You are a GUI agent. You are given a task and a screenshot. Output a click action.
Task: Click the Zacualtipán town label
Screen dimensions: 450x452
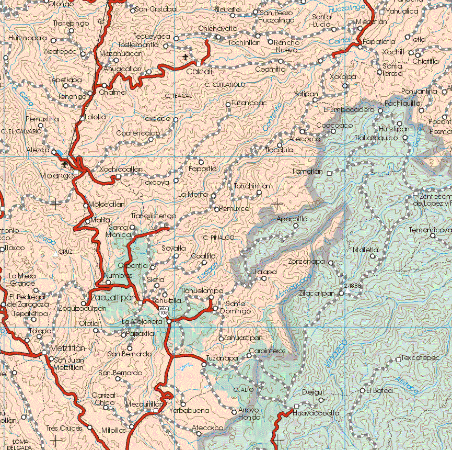[113, 298]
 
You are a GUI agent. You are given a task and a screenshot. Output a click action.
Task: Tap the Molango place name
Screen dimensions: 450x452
[56, 176]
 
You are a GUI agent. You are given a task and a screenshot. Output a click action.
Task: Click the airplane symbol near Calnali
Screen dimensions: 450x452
[184, 57]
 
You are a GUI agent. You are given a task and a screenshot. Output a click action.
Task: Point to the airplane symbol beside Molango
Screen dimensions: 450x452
[64, 165]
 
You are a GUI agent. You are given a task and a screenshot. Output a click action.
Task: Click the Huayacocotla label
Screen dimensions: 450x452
[316, 413]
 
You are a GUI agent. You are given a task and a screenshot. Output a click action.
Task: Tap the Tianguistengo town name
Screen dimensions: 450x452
[153, 216]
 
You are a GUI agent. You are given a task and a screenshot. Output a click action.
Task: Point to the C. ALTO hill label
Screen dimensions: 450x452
[244, 390]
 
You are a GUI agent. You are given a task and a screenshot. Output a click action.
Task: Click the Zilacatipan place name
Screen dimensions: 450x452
[316, 294]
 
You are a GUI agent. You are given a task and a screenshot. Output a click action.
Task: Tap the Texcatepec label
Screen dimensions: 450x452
[420, 358]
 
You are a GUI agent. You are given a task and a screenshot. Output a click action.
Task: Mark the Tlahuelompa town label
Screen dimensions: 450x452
[202, 290]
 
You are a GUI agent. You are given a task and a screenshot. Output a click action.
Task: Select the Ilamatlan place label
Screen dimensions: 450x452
[307, 172]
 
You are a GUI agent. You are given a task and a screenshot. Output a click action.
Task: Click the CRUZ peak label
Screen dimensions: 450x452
[65, 252]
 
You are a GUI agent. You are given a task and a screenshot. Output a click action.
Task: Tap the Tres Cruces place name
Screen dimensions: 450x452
[64, 429]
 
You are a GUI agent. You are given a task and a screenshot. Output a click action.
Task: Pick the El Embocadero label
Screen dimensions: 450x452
[349, 110]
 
